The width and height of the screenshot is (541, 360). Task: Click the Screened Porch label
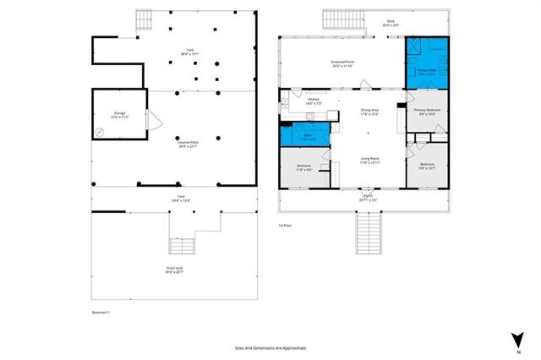(342, 64)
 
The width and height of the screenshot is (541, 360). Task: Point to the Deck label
(391, 23)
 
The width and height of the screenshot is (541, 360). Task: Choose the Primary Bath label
(427, 72)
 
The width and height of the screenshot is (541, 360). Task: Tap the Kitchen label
(314, 101)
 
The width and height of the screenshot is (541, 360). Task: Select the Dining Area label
(369, 112)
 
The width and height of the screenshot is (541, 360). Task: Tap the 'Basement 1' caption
(101, 312)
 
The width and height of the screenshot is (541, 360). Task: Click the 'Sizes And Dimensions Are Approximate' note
(270, 347)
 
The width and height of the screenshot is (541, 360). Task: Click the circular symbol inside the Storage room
(100, 131)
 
